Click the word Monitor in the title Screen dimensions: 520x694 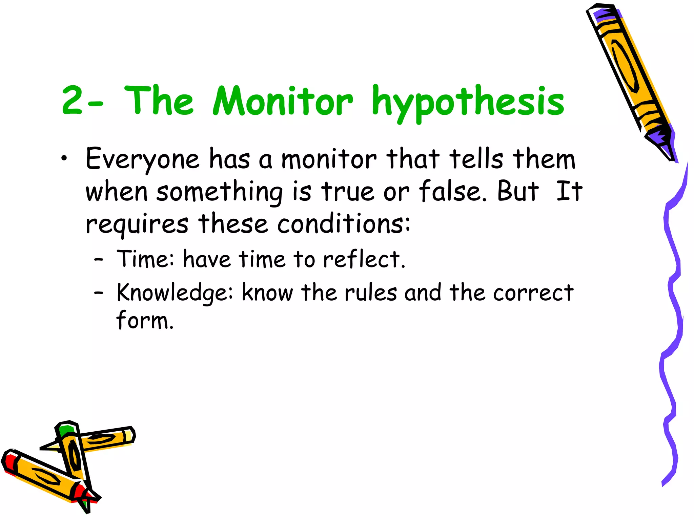pos(283,101)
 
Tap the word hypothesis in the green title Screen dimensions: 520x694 pos(468,102)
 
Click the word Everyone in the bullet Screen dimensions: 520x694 pos(142,159)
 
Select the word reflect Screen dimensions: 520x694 pos(364,259)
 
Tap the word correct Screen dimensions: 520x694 pos(533,292)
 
